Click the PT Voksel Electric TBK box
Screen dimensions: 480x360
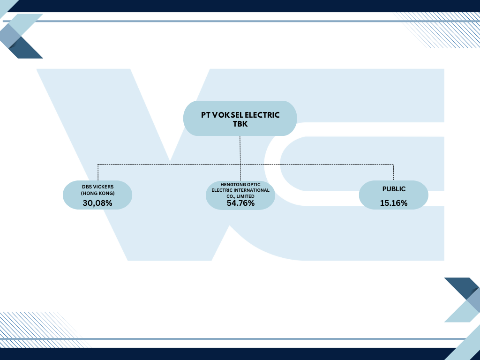pos(240,118)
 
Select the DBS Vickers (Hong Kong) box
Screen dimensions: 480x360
pos(97,195)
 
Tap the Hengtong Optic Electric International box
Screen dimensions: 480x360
pos(240,195)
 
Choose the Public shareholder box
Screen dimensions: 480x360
pos(393,195)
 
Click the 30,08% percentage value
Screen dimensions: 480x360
pos(97,203)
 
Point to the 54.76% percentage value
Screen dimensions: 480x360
pos(240,203)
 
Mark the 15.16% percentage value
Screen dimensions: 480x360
pos(394,203)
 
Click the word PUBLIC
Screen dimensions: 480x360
pos(394,189)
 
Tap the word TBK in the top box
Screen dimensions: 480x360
pos(240,124)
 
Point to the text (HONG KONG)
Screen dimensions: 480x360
pos(97,193)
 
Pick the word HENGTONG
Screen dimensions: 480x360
pos(231,185)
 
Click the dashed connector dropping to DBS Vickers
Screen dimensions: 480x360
pos(98,172)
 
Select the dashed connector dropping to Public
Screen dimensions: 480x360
pos(393,172)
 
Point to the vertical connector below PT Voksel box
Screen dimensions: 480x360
pos(240,158)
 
